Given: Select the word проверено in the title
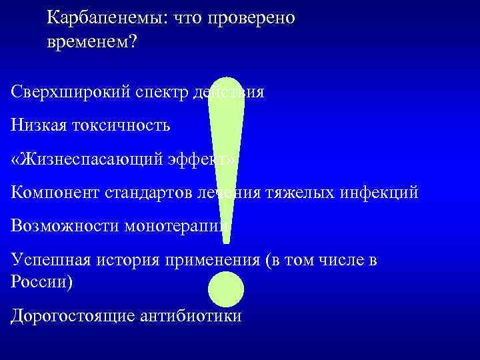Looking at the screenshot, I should point(251,18).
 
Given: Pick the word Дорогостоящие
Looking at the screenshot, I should point(73,315).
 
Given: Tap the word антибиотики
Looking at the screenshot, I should point(191,315).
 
